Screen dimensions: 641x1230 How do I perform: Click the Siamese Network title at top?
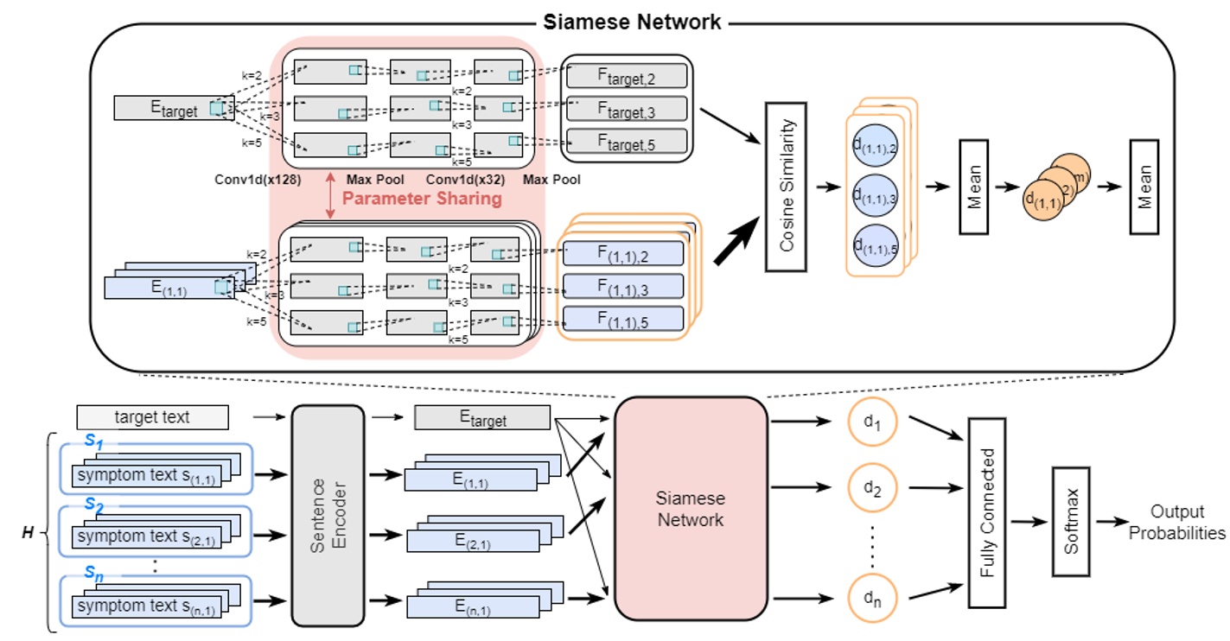pos(632,22)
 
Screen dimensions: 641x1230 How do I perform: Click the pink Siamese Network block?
pos(691,509)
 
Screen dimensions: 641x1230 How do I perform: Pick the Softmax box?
pos(1070,521)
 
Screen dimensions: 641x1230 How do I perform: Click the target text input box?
pos(153,418)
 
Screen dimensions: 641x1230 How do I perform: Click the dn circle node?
pos(873,596)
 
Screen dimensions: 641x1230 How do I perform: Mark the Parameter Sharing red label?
pos(422,199)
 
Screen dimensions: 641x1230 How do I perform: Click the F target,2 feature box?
pos(626,77)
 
